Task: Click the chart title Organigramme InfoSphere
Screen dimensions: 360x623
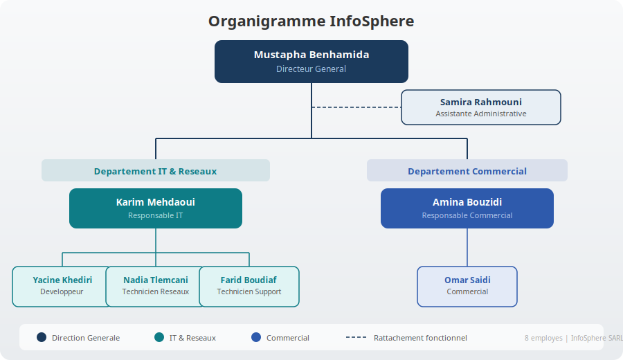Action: coord(311,21)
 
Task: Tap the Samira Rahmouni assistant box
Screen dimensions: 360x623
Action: coord(480,107)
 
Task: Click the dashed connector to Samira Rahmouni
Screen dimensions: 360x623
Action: coord(356,107)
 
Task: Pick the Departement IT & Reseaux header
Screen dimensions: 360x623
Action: coord(155,171)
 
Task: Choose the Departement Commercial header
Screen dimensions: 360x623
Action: coord(467,171)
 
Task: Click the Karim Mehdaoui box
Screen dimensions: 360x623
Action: coord(155,208)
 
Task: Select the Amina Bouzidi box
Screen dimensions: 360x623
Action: coord(467,208)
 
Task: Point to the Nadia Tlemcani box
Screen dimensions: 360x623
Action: coord(155,286)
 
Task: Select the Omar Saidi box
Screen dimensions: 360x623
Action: coord(467,286)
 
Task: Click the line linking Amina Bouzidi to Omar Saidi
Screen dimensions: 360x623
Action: coord(467,247)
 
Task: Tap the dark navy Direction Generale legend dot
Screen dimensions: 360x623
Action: coord(42,338)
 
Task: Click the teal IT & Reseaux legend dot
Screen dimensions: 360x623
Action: coord(159,338)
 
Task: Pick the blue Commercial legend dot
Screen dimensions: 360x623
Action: coord(256,338)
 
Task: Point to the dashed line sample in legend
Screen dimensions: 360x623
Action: coord(356,338)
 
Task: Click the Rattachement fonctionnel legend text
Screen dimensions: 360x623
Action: coord(420,338)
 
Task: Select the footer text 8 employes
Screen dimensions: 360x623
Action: coord(544,338)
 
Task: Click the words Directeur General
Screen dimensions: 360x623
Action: coord(311,69)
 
